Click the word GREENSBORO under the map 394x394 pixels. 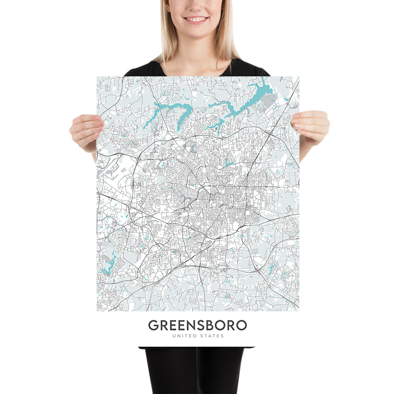(197, 326)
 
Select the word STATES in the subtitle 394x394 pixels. (212, 336)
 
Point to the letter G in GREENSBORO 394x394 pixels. (153, 326)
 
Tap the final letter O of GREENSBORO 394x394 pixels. (241, 326)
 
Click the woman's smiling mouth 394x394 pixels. (196, 19)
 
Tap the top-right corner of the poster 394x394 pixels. (298, 77)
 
